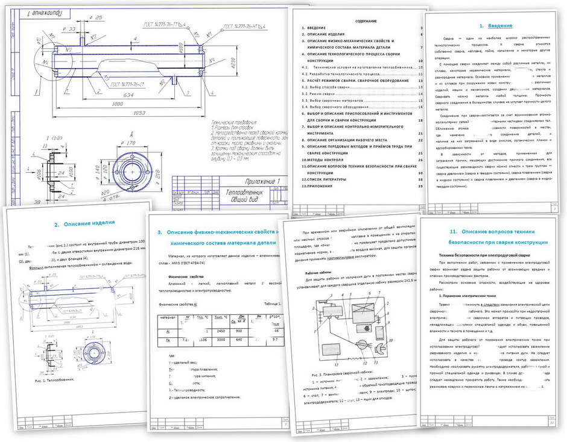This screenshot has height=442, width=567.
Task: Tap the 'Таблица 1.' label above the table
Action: tap(270, 303)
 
